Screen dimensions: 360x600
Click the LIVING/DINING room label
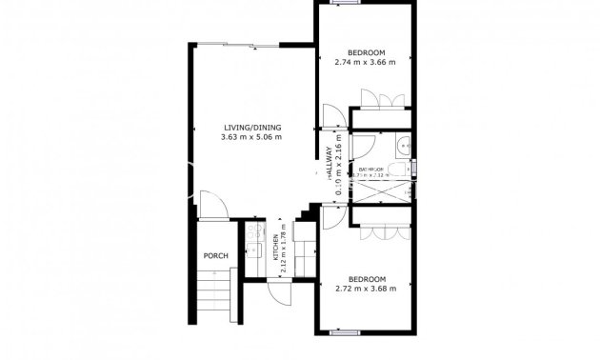[252, 127]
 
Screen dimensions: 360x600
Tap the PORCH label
[216, 256]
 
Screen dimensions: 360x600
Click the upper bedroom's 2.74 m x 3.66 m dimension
[366, 64]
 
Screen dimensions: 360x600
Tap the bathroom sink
[404, 147]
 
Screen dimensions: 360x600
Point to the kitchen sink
[253, 250]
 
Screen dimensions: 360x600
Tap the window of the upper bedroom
[345, 3]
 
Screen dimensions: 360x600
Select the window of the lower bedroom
[345, 332]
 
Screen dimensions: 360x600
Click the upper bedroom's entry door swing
[332, 115]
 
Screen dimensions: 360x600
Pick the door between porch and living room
[215, 207]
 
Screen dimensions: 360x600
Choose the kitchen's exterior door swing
[279, 290]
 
